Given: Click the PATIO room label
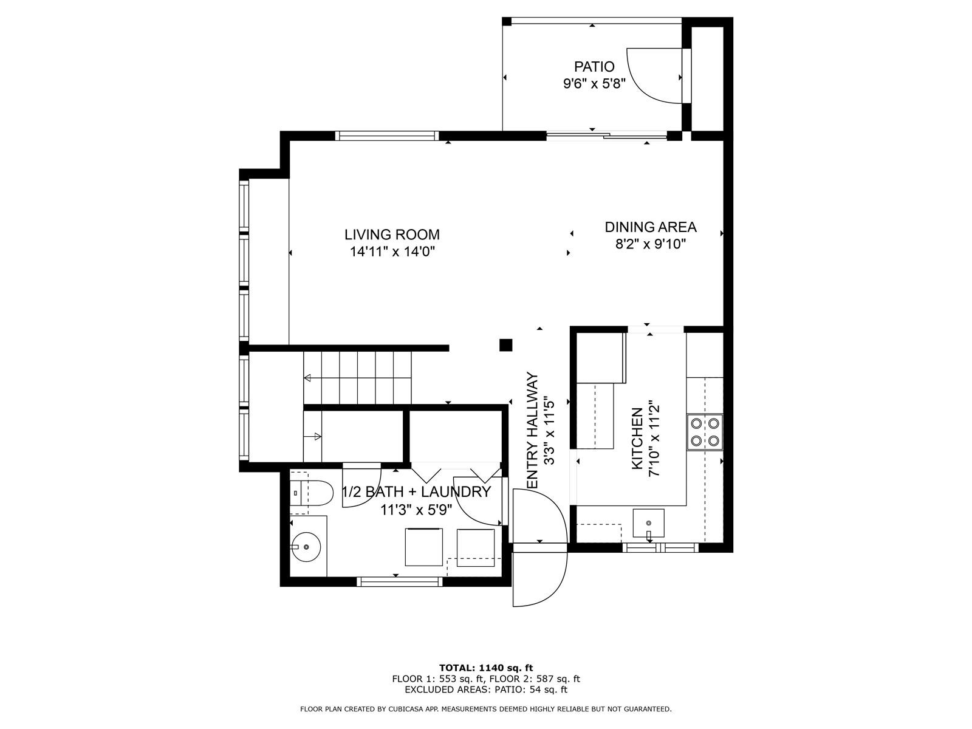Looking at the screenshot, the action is pos(594,67).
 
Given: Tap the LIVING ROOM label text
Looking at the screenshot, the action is pos(392,234).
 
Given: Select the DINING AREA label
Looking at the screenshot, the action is pos(651,227).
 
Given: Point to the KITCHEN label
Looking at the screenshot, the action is pos(637,438).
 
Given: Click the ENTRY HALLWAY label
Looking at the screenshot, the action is pos(532,431).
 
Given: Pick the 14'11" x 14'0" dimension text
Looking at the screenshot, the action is pos(392,252).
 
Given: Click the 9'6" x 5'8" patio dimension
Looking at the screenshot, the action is pos(594,84).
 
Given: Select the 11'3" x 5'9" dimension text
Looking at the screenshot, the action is pos(416,510).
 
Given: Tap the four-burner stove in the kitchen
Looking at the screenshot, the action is pos(705,432).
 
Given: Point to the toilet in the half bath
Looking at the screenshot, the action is pos(311,493).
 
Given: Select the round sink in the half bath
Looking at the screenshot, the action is pos(306,547).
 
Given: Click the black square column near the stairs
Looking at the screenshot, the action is pos(505,345).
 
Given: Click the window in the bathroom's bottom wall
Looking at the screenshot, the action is pos(399,581).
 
